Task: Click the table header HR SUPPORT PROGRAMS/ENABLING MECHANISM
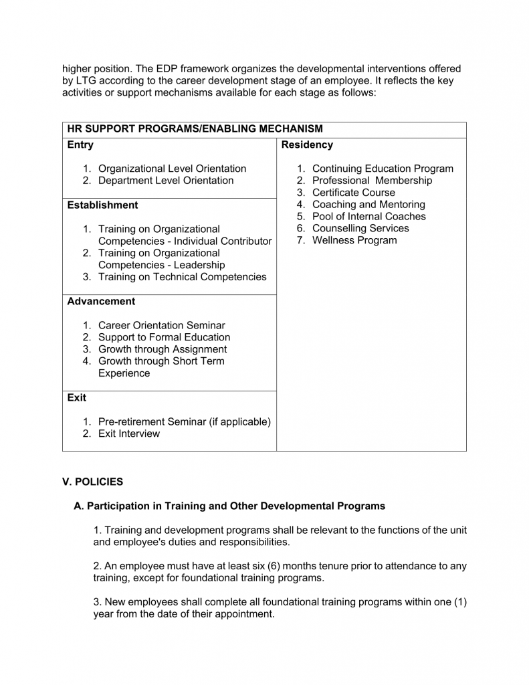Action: click(x=195, y=128)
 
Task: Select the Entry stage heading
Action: click(x=81, y=144)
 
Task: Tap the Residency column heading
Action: click(x=307, y=144)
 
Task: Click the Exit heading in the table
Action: click(x=77, y=397)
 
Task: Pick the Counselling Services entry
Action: click(x=360, y=229)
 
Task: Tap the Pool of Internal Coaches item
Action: click(x=369, y=217)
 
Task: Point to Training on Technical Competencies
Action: click(x=182, y=277)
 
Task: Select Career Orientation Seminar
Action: click(x=161, y=326)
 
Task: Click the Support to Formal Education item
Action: click(x=164, y=338)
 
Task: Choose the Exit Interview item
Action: click(x=129, y=433)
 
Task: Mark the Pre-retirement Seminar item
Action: click(x=184, y=421)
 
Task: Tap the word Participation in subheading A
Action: click(x=118, y=506)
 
